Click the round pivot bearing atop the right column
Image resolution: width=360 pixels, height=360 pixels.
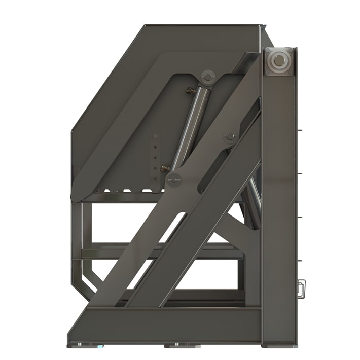pos(278,61)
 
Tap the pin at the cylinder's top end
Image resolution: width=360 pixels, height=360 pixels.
pos(208,77)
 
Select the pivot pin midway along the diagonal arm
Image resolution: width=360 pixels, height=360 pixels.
pos(231,136)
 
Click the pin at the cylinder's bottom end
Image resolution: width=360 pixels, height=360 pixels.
pos(174,178)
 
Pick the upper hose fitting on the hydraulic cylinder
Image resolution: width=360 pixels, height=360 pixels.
pos(191,91)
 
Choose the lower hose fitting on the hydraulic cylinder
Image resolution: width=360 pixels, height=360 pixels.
pos(165,169)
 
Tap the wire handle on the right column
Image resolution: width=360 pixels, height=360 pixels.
pos(301,289)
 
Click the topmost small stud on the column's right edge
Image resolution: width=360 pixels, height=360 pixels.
pos(300,130)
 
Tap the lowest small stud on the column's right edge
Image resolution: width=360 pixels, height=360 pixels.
pos(300,261)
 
